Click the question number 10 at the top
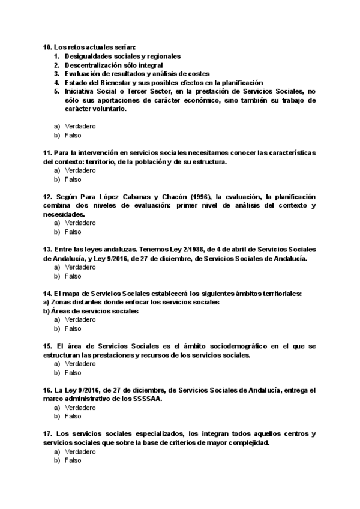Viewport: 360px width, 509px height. coord(47,47)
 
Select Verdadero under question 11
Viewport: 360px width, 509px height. coord(80,170)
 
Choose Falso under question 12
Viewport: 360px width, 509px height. coord(73,232)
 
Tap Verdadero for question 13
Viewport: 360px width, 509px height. coord(80,267)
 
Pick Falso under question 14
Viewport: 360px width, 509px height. coord(73,328)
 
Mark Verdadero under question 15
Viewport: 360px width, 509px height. coord(80,364)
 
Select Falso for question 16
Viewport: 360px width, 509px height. coord(73,416)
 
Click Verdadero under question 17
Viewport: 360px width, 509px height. coord(80,451)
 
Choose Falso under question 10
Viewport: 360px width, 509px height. coord(73,136)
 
